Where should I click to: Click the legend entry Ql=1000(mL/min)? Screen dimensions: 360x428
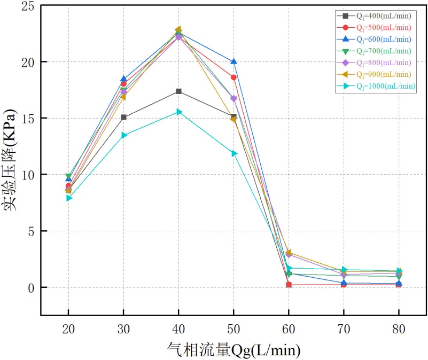(x=377, y=86)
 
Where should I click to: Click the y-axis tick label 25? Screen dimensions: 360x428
(x=27, y=5)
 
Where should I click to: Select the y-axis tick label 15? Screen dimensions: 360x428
(x=27, y=118)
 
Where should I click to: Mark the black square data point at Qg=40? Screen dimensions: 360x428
(x=178, y=91)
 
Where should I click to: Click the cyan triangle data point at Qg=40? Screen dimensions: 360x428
(x=179, y=112)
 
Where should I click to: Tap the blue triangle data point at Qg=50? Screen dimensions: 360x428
(x=234, y=62)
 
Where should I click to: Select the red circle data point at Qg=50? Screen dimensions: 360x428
(x=234, y=77)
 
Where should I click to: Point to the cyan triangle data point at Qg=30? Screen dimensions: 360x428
(x=124, y=135)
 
